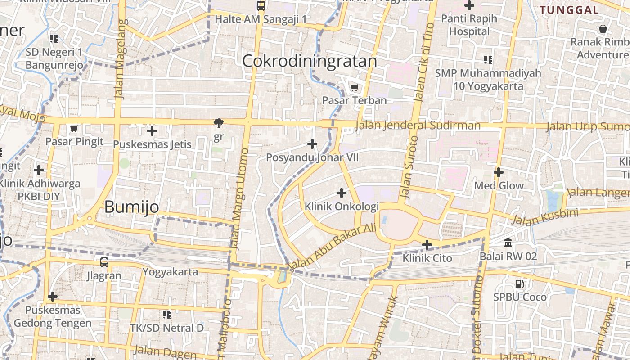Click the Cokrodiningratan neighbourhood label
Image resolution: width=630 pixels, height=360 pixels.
point(310,61)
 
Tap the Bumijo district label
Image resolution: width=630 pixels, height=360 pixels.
point(132,207)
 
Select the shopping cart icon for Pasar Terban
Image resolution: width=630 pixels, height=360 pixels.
point(354,87)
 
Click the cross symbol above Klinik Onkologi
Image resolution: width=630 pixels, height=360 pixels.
point(342,193)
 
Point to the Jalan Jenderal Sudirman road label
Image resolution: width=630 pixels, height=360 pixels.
point(418,125)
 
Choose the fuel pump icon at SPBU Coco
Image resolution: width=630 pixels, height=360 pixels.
point(520,283)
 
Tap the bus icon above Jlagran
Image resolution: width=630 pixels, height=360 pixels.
point(104,262)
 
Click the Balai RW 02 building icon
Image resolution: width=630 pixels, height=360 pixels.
point(508,243)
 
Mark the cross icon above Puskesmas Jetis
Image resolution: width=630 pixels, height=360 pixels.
point(152,131)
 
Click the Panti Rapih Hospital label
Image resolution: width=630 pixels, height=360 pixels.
point(469,25)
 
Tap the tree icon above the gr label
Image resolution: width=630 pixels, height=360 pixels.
point(219,123)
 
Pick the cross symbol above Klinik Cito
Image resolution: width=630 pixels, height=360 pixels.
point(427,245)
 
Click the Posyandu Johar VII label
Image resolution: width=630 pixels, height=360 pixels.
point(312,157)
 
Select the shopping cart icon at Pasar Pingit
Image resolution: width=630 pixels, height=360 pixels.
point(74,129)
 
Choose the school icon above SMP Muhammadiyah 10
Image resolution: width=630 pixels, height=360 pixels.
point(488,59)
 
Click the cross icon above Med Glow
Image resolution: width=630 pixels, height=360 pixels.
point(498,172)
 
